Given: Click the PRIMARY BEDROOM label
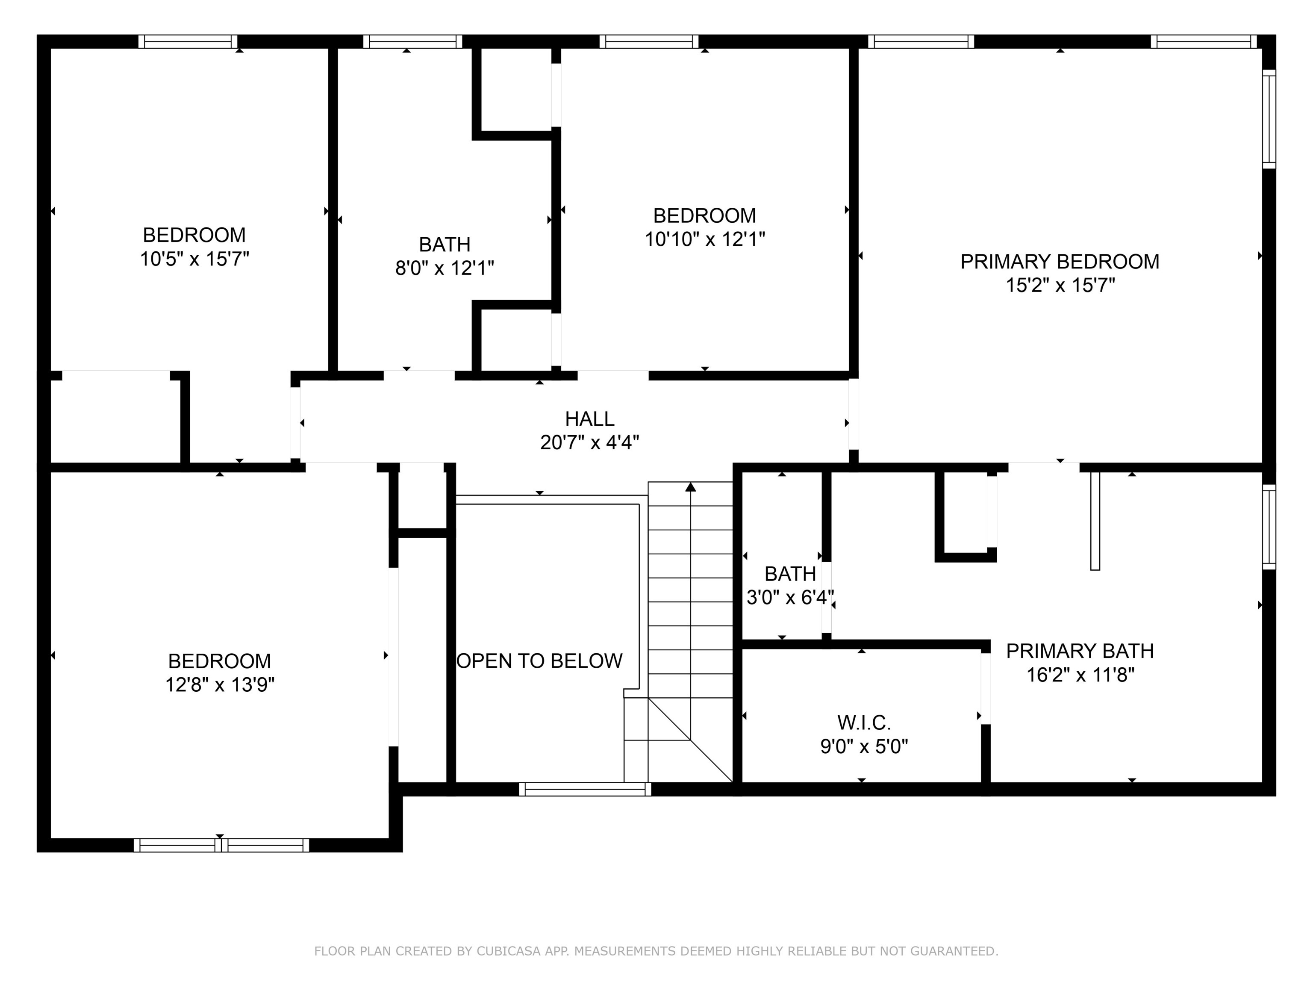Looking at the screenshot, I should [1060, 262].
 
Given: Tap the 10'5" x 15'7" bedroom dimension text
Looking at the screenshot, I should [194, 260].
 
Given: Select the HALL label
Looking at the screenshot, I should [589, 419].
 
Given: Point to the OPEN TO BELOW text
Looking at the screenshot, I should [539, 661].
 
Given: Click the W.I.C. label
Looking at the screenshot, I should [864, 723].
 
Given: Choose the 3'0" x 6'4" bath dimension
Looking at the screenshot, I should [789, 597].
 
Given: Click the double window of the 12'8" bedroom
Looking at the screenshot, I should [221, 845].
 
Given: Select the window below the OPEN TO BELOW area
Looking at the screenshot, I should [585, 789].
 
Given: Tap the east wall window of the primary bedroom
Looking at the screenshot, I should [1269, 119].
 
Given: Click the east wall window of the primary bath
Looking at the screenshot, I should [1269, 527].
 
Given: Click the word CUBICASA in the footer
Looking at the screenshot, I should [508, 951].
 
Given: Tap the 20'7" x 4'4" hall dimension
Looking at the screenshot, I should [589, 443].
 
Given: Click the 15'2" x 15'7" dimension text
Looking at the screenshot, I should [1060, 286].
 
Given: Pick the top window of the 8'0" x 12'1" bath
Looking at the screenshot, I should [412, 41].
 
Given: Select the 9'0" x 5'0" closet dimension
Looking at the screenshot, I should [864, 746].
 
